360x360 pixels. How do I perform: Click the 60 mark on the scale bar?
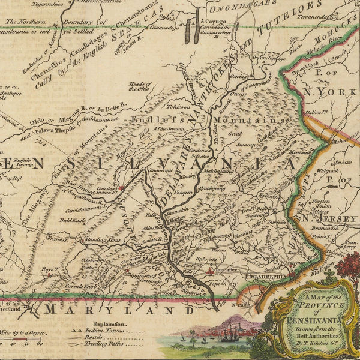tap(40, 345)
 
